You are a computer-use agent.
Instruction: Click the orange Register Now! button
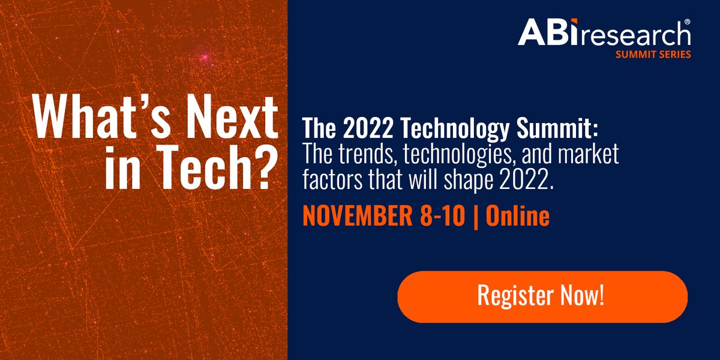(x=542, y=296)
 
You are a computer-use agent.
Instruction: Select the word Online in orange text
(x=518, y=216)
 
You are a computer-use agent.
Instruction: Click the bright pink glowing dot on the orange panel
(x=205, y=58)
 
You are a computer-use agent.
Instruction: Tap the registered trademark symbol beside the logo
(x=687, y=21)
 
